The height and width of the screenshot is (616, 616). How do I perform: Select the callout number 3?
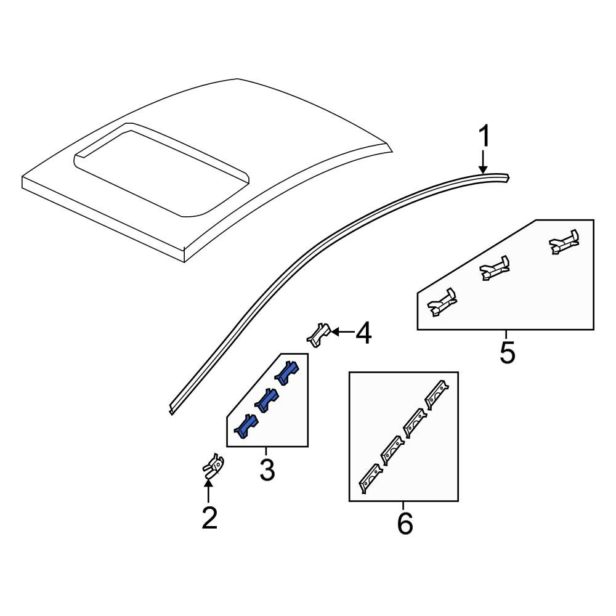pyautogui.click(x=267, y=470)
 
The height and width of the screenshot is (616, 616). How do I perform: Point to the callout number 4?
pyautogui.click(x=363, y=333)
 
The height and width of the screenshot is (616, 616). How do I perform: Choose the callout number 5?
pyautogui.click(x=507, y=352)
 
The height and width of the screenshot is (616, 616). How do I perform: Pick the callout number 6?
pyautogui.click(x=405, y=523)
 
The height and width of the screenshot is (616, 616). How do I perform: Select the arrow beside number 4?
pyautogui.click(x=342, y=333)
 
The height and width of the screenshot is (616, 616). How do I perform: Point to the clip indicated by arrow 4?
pyautogui.click(x=318, y=334)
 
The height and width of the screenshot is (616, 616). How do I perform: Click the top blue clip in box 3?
pyautogui.click(x=287, y=373)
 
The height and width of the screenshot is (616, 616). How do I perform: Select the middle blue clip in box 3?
pyautogui.click(x=267, y=400)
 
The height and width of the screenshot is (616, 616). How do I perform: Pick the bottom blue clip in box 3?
pyautogui.click(x=246, y=426)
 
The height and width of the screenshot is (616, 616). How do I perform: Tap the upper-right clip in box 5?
pyautogui.click(x=564, y=242)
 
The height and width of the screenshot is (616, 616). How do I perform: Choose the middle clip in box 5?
pyautogui.click(x=495, y=268)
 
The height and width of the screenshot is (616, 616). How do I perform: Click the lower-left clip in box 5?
pyautogui.click(x=442, y=302)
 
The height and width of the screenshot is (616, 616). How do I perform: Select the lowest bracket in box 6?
pyautogui.click(x=370, y=478)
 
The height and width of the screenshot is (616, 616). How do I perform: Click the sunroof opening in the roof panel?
pyautogui.click(x=162, y=173)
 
